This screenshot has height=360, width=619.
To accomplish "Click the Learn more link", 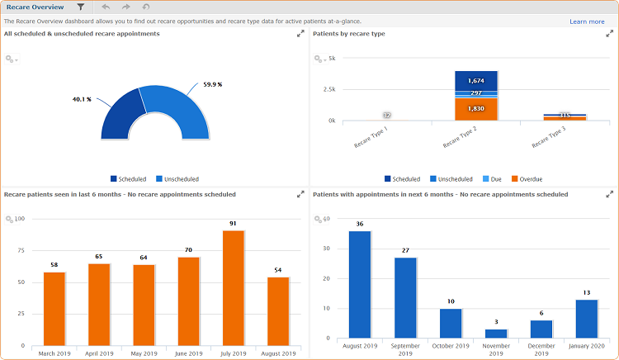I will [586, 21].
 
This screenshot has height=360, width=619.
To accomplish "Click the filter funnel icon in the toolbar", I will [80, 7].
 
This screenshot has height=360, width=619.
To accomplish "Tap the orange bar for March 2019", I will [54, 309].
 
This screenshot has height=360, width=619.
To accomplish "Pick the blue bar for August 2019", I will [360, 284].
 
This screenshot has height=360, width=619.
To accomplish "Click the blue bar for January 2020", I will [586, 318].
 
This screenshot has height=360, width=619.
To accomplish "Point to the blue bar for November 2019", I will [496, 333].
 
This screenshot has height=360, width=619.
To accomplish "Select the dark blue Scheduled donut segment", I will [120, 116].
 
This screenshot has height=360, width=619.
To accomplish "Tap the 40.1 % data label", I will [82, 99].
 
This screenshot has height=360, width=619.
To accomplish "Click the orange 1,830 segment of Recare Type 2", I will [475, 109].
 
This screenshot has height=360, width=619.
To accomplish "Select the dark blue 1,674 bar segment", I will [475, 80].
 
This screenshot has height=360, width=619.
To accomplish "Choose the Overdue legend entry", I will [527, 178].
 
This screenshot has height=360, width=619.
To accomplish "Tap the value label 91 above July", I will [233, 224].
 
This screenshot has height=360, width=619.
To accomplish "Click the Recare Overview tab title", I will [35, 7].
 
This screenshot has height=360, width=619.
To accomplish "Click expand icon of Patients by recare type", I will [609, 34].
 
